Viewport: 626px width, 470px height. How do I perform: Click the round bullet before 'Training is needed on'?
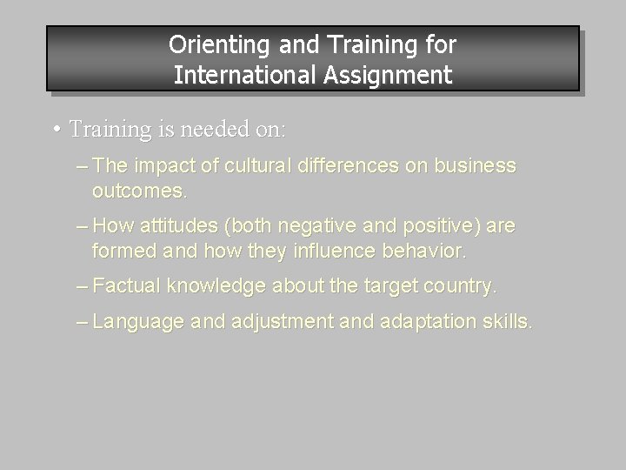55,130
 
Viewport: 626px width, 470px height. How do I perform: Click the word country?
463,285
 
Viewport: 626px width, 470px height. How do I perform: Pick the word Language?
138,322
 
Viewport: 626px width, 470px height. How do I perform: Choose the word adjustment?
270,322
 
